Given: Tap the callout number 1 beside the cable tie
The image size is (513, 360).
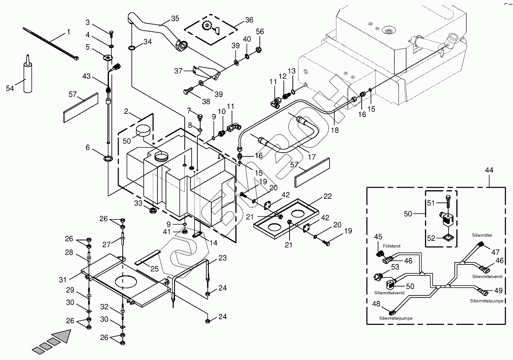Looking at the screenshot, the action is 69,32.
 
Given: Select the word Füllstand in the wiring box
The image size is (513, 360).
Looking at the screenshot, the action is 391,246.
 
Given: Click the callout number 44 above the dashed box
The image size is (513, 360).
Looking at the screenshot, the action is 489,170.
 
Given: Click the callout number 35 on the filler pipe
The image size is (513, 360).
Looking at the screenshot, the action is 175,19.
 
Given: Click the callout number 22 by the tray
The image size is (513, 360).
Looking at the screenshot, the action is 327,196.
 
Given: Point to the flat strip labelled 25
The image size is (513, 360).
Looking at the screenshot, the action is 148,258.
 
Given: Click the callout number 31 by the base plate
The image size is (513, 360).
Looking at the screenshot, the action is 63,280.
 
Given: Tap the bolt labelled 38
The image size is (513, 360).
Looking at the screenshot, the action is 189,91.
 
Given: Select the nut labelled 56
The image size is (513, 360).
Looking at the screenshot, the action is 258,49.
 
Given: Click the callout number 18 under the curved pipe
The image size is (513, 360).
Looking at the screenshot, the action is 335,130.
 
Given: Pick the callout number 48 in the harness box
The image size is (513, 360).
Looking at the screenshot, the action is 376,304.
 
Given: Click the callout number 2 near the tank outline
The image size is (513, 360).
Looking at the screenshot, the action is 126,111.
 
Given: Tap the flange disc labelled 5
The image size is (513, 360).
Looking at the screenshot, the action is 107,57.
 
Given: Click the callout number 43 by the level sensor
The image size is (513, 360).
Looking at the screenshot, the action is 86,76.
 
